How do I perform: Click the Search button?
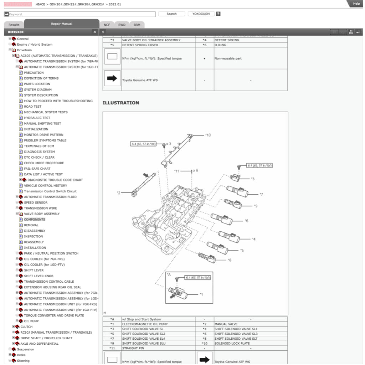click(171, 14)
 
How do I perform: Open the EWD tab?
click(122, 25)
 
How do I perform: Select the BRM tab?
click(137, 25)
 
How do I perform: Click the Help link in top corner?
click(356, 4)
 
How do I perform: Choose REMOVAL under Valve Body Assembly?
click(31, 225)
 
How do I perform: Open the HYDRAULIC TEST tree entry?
click(37, 118)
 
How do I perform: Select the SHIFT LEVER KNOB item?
click(38, 276)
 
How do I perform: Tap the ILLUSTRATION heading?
click(120, 103)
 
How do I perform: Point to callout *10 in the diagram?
click(208, 135)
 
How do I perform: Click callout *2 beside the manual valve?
click(119, 193)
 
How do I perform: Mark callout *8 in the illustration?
click(230, 260)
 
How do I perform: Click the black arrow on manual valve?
click(146, 175)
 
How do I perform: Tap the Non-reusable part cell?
click(228, 58)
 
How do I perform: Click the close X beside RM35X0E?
click(94, 32)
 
